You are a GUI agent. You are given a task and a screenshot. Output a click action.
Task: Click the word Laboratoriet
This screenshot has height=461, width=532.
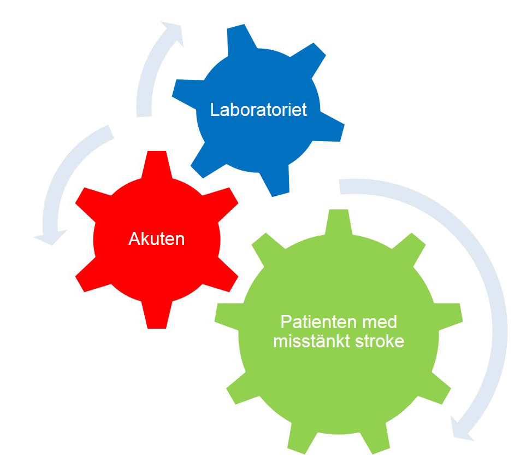point(258,109)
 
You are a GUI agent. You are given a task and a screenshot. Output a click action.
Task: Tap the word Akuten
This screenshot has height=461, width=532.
point(157,238)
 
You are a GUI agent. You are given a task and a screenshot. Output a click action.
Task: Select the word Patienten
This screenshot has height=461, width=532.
point(317,321)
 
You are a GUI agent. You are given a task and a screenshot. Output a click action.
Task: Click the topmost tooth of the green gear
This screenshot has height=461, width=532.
point(339,221)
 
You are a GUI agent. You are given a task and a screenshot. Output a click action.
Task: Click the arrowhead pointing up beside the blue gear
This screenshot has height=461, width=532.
point(170,31)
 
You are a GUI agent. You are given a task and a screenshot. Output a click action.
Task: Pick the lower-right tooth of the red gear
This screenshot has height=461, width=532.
point(225,279)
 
